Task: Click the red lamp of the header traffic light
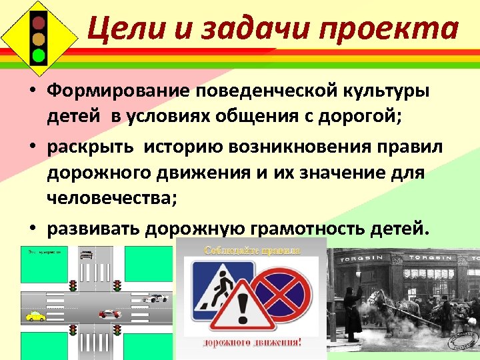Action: point(39,22)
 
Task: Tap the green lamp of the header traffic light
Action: point(39,55)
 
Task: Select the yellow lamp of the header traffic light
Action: point(39,38)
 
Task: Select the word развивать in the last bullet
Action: point(101,228)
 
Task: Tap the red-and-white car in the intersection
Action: point(110,313)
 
